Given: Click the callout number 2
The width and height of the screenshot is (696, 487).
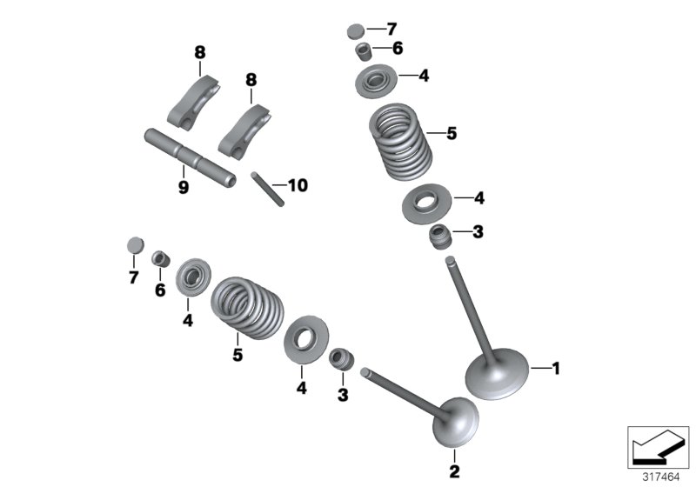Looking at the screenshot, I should point(454,471).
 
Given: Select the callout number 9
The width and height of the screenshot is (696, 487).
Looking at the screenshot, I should point(184,188).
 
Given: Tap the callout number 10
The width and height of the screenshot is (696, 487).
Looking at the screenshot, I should point(297,185).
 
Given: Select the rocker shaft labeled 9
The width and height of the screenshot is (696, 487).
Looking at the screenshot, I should point(191,157).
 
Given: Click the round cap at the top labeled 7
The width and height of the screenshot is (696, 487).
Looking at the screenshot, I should point(354,31).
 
